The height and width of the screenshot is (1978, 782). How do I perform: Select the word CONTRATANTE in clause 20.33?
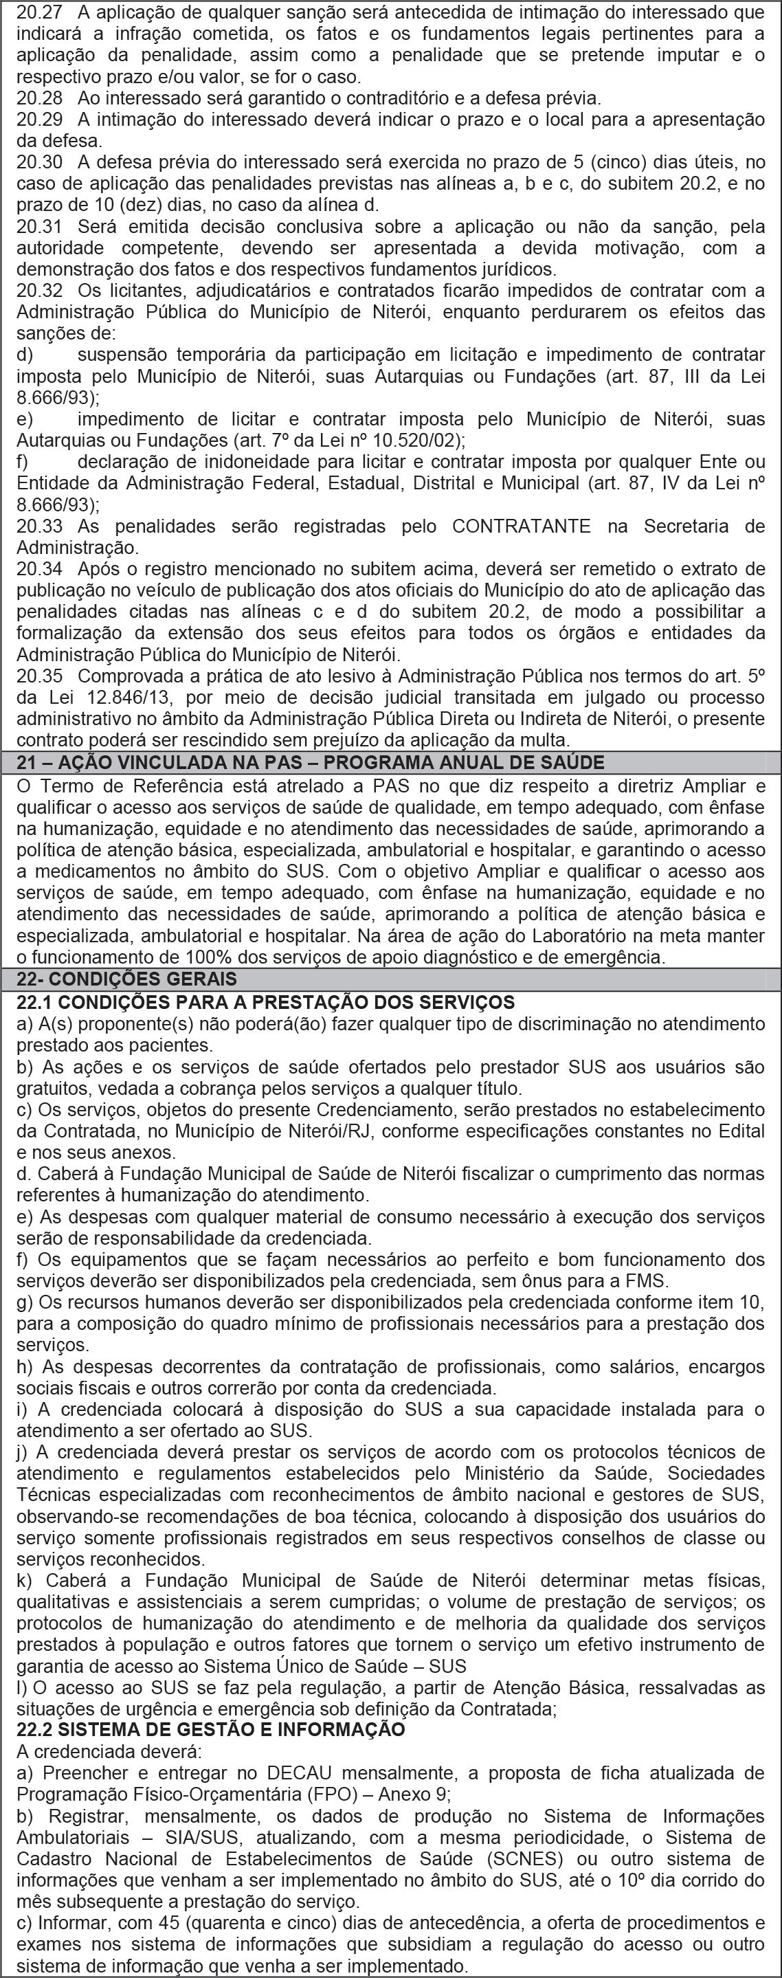point(521,526)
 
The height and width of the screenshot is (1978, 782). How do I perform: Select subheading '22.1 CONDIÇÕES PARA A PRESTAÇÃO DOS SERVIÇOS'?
point(265,1002)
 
